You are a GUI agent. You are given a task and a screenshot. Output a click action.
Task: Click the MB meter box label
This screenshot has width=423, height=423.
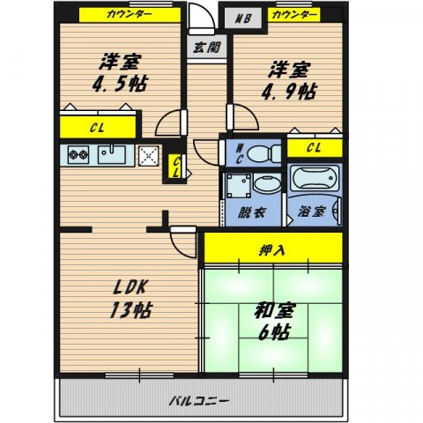(x=243, y=19)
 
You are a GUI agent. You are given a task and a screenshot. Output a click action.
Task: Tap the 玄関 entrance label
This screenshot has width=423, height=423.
(x=207, y=47)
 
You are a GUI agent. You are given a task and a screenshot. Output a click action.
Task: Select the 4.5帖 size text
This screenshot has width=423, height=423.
(x=120, y=84)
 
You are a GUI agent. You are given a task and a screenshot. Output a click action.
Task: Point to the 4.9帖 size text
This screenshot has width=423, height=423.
(x=289, y=92)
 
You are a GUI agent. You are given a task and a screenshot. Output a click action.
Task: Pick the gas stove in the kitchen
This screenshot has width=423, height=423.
(x=78, y=154)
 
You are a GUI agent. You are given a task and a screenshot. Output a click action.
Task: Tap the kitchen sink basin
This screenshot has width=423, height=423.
(x=112, y=154)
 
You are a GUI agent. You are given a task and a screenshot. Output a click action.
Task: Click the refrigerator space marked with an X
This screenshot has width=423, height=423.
(x=149, y=156)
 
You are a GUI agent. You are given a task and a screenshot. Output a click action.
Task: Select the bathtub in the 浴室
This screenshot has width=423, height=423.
(x=315, y=178)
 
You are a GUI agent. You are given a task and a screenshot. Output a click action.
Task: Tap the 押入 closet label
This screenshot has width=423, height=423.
(x=271, y=250)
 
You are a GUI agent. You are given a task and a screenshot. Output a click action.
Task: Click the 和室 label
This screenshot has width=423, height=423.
(x=275, y=311)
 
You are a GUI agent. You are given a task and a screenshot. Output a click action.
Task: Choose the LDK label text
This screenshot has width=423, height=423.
(x=130, y=287)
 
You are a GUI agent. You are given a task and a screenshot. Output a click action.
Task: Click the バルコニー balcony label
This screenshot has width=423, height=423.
(x=198, y=400)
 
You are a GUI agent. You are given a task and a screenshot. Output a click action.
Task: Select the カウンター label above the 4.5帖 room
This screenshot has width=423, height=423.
(x=130, y=14)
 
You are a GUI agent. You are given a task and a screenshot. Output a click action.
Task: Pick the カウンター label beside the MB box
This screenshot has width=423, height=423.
(x=294, y=14)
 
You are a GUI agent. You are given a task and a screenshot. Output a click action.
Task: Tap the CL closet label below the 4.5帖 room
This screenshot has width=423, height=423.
(x=97, y=128)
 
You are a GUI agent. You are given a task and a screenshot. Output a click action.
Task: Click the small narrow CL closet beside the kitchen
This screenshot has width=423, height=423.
(x=175, y=167)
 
